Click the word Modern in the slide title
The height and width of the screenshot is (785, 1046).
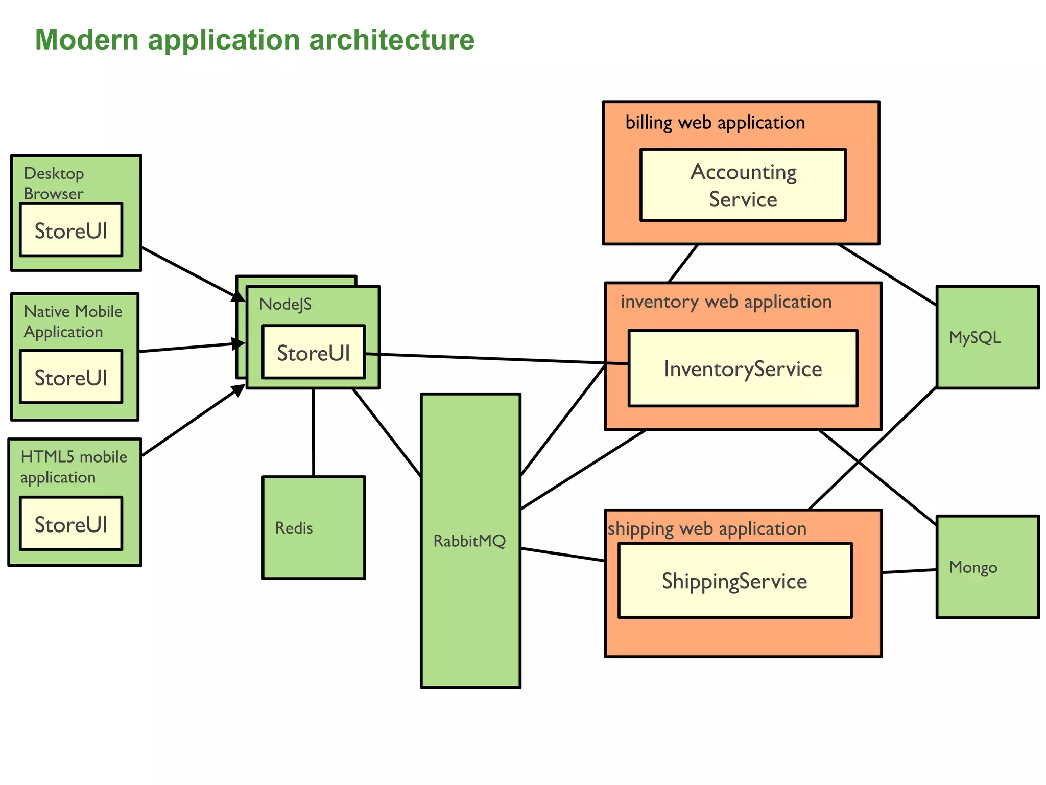87,40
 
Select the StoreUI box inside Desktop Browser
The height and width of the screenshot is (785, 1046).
71,230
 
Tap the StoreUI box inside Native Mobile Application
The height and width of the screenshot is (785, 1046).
71,377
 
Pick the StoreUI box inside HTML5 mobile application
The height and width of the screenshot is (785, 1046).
71,524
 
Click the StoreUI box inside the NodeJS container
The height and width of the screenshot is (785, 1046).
314,352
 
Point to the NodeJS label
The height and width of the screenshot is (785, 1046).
285,304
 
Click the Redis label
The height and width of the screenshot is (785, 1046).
294,527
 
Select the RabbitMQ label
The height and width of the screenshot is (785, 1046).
469,541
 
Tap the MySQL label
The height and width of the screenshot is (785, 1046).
974,337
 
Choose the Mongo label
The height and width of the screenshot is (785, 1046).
973,567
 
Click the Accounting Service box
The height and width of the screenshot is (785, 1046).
743,185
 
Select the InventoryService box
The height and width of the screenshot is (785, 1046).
743,368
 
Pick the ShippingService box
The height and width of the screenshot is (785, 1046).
734,581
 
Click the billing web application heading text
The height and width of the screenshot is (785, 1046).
715,123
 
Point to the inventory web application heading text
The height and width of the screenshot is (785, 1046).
726,302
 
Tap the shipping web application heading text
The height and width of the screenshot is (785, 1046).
707,528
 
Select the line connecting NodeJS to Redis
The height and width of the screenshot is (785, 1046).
313,432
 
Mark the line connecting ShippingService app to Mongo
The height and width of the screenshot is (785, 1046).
909,571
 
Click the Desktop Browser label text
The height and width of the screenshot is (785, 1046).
54,183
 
